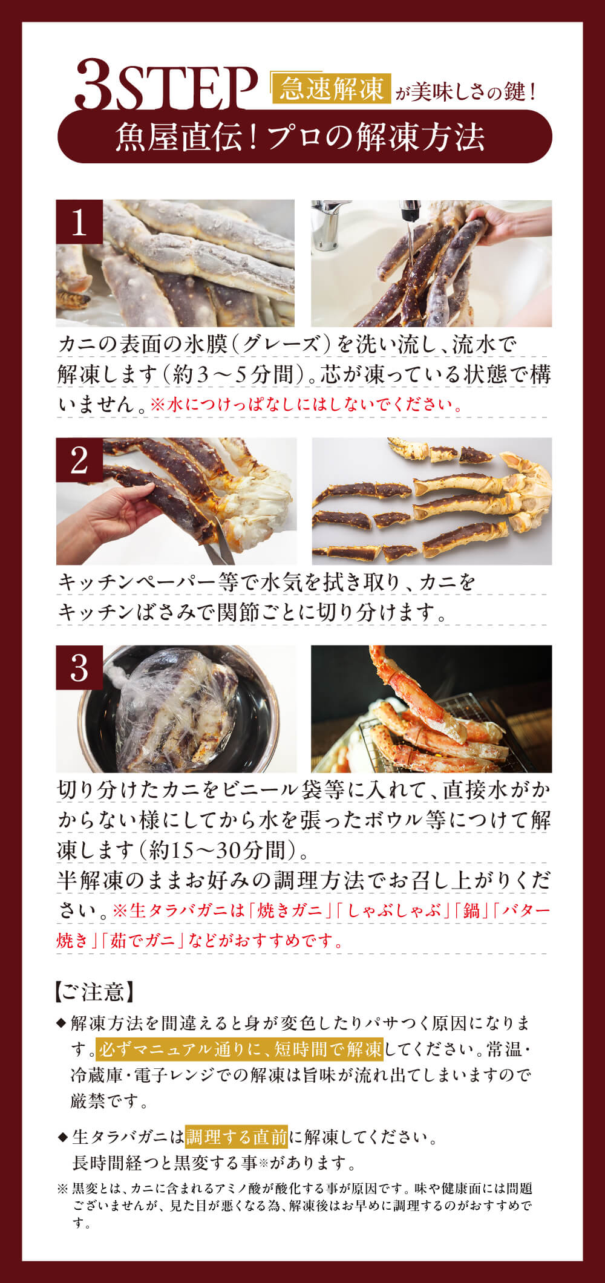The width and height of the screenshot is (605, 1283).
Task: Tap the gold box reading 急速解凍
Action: [331, 90]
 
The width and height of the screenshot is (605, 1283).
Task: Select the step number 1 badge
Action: [79, 223]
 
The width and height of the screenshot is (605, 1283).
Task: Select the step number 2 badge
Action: [79, 460]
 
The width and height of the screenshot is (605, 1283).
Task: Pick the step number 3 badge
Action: [79, 668]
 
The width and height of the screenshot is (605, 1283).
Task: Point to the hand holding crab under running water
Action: [514, 221]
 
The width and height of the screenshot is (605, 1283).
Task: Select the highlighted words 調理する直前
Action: [237, 1137]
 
